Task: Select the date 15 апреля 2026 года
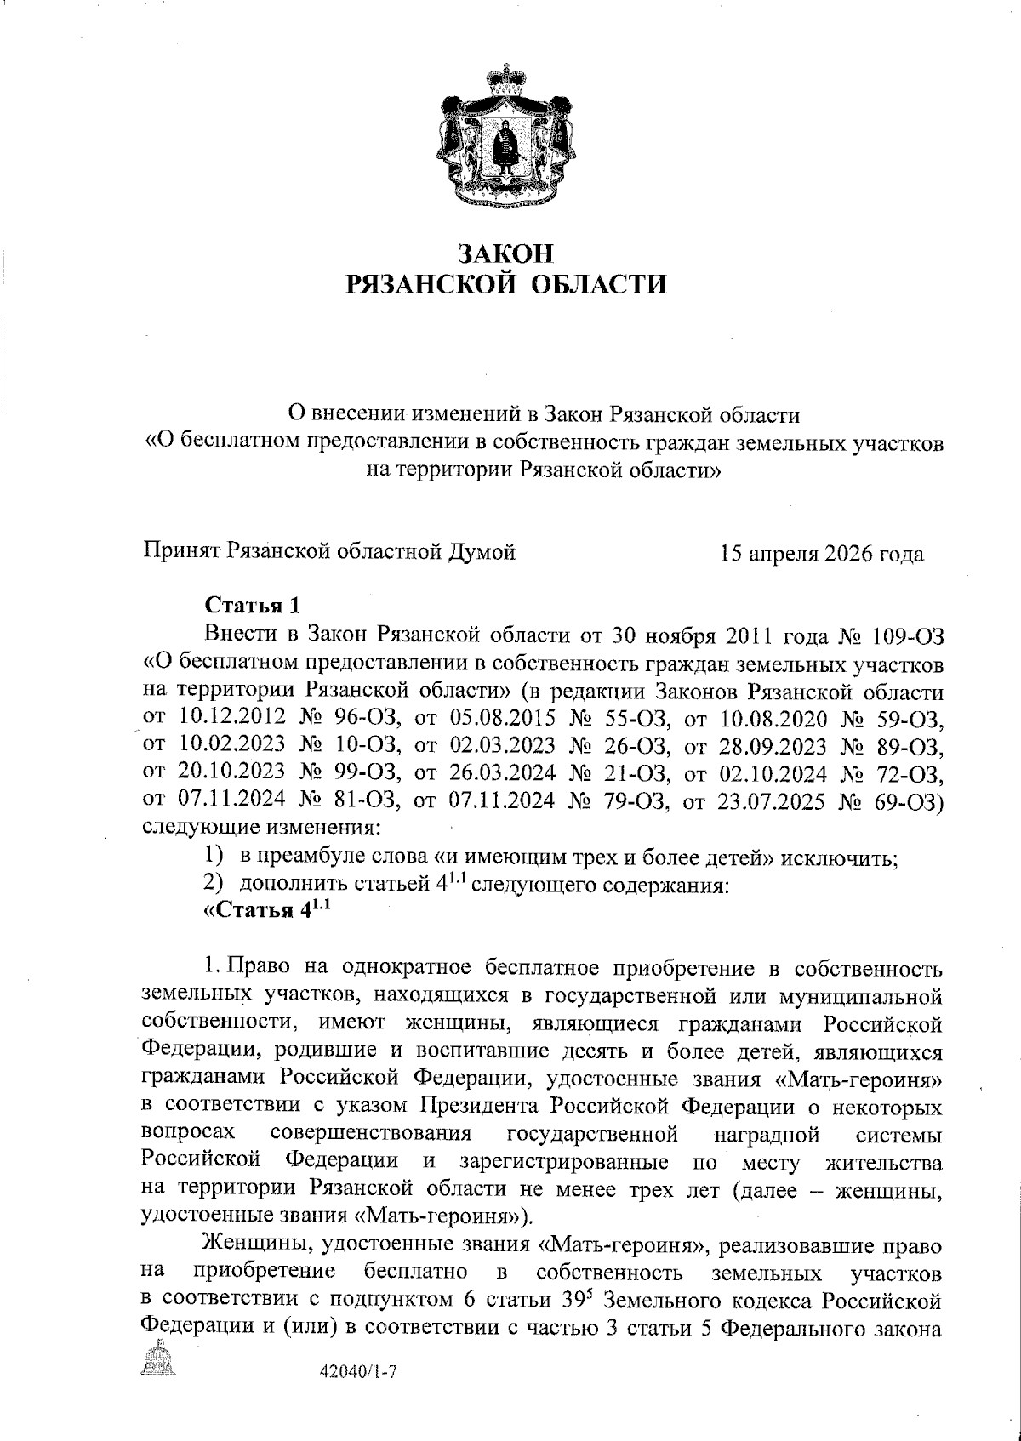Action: coord(821,554)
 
